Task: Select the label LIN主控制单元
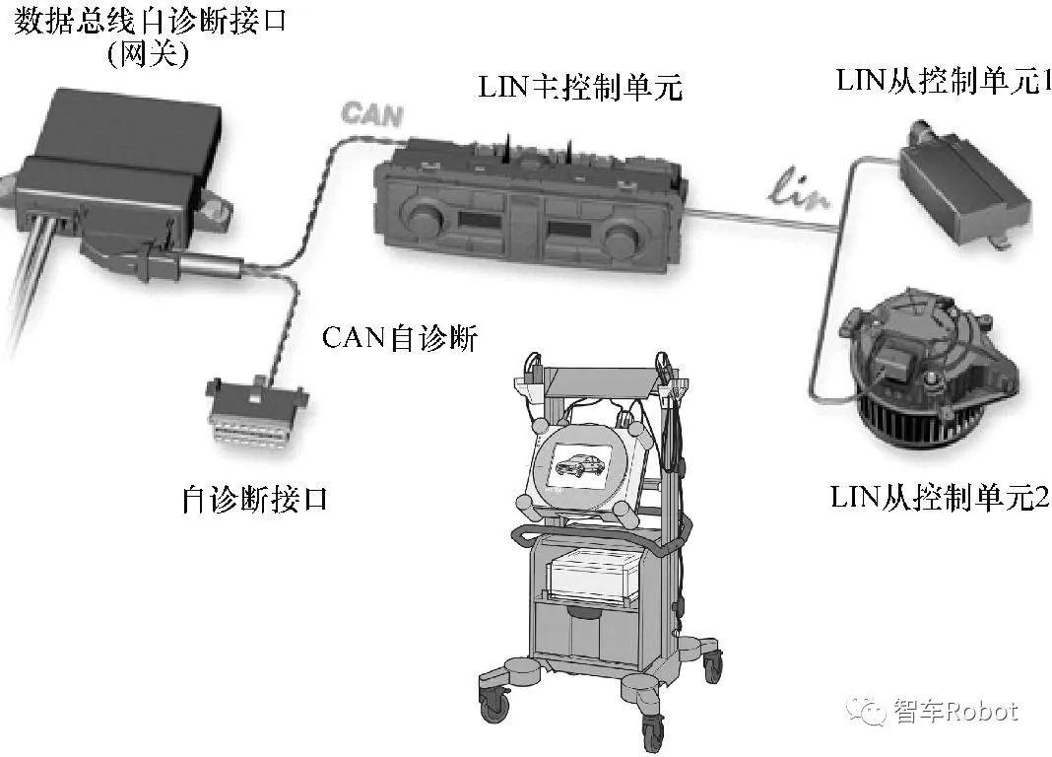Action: (580, 88)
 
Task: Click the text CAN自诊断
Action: (400, 339)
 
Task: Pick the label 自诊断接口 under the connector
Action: (254, 500)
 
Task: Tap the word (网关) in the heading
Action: (148, 55)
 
